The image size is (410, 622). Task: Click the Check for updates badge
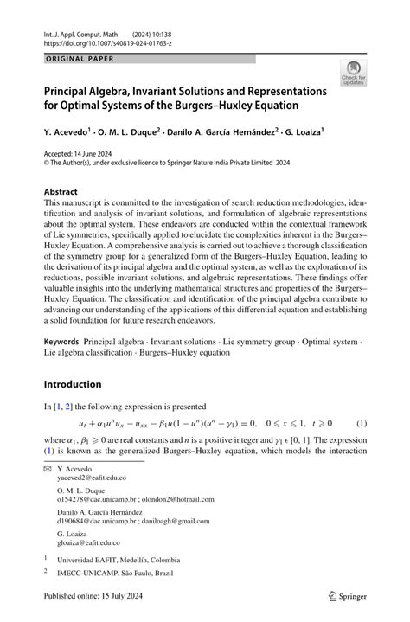tap(353, 73)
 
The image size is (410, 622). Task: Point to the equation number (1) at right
tap(362, 424)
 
